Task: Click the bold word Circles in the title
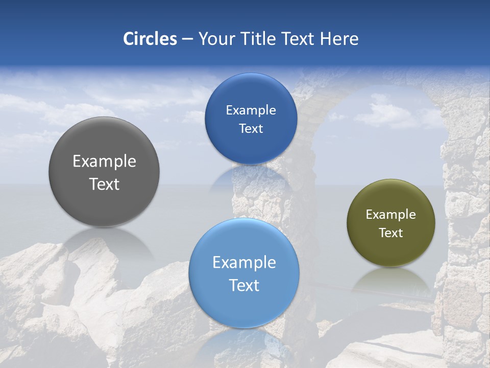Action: (x=150, y=39)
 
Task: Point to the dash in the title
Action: (x=187, y=39)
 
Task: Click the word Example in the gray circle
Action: (x=104, y=162)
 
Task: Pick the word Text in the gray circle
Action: (x=104, y=184)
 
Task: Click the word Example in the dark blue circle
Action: (x=251, y=110)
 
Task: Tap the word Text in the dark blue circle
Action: (x=251, y=129)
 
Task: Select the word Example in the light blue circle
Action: (x=244, y=263)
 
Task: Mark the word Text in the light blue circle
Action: (x=244, y=285)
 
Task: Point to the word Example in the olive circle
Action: (x=390, y=215)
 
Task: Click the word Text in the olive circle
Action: (x=390, y=233)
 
